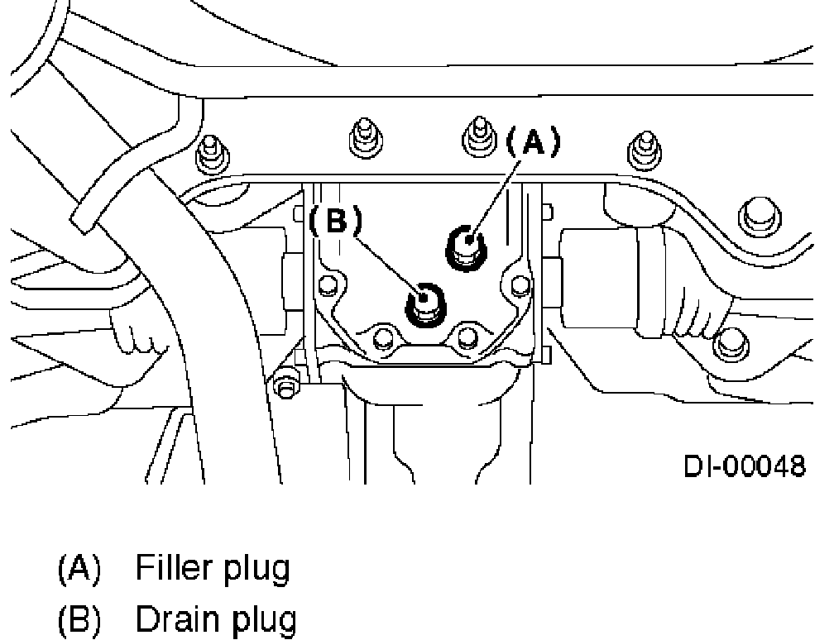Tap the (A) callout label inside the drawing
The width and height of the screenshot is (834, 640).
(x=532, y=143)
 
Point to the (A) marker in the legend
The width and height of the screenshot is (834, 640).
(x=79, y=570)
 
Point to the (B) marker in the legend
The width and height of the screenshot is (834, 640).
(x=79, y=620)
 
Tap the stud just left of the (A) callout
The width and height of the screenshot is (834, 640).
(x=477, y=134)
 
